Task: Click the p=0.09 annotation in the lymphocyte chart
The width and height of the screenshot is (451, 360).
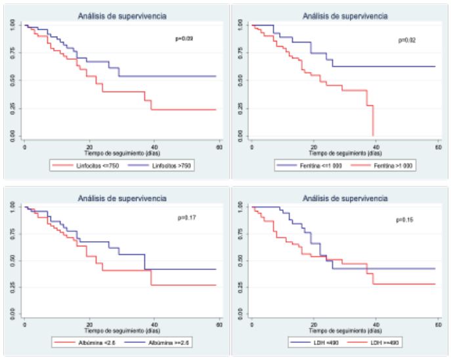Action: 184,39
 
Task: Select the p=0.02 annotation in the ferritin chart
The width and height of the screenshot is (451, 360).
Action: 407,40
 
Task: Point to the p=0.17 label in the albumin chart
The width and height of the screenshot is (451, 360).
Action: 187,217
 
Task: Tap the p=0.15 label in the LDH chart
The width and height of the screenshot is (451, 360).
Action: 404,219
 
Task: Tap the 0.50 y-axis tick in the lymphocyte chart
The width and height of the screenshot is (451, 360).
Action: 13,80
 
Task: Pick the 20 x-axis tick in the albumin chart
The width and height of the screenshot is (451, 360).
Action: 89,325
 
